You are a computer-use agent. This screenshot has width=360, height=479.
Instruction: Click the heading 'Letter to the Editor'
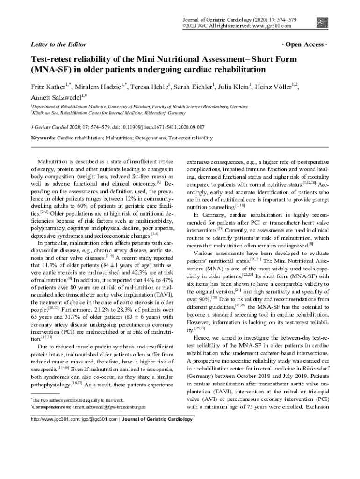coord(58,44)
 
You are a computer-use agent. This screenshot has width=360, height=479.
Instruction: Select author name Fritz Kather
coord(48,87)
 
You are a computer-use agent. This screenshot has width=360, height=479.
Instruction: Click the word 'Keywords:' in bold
coord(43,138)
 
